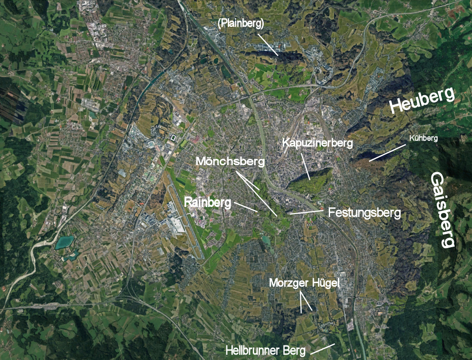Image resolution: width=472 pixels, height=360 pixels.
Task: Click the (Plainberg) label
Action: pos(241,24)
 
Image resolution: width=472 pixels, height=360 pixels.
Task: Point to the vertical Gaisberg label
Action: pos(442,209)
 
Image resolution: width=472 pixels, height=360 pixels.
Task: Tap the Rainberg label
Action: pos(207,202)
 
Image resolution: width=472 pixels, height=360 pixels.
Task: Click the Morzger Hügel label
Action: pos(304,282)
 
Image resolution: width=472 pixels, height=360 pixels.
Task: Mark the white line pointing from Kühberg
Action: pos(387,153)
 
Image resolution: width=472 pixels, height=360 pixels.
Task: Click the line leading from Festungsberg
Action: pos(306,212)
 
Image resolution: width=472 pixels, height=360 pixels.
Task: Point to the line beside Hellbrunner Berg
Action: pos(322,349)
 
